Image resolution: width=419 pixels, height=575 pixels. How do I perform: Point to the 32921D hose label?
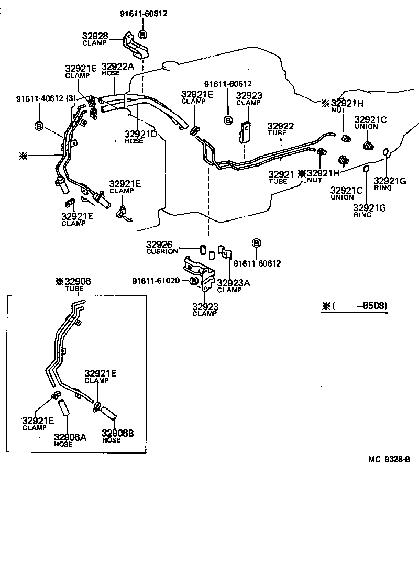pyautogui.click(x=141, y=137)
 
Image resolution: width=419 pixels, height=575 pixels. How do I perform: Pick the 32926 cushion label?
pyautogui.click(x=162, y=247)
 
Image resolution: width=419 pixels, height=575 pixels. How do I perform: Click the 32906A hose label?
pyautogui.click(x=70, y=440)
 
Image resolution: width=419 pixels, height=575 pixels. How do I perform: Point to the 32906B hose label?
pyautogui.click(x=117, y=436)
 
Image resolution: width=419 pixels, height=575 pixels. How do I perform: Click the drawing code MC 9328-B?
pyautogui.click(x=388, y=459)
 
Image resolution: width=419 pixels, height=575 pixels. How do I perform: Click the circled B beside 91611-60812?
pyautogui.click(x=142, y=35)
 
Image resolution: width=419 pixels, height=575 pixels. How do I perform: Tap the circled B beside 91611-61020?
pyautogui.click(x=194, y=281)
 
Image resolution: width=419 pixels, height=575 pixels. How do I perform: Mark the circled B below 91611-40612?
pyautogui.click(x=39, y=126)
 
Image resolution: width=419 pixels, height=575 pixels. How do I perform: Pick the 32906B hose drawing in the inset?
pyautogui.click(x=107, y=412)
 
